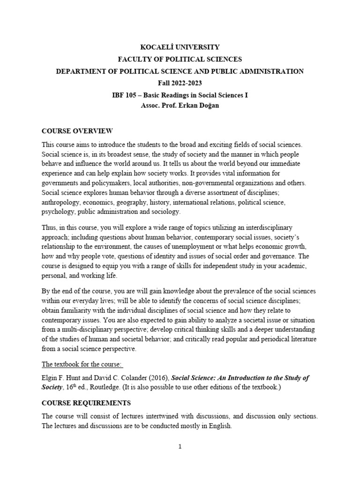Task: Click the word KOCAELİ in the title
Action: [x=157, y=47]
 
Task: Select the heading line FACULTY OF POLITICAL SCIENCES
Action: [x=180, y=59]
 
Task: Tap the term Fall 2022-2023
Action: [x=180, y=83]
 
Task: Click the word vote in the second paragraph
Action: [x=112, y=256]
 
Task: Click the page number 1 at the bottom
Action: [x=180, y=447]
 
